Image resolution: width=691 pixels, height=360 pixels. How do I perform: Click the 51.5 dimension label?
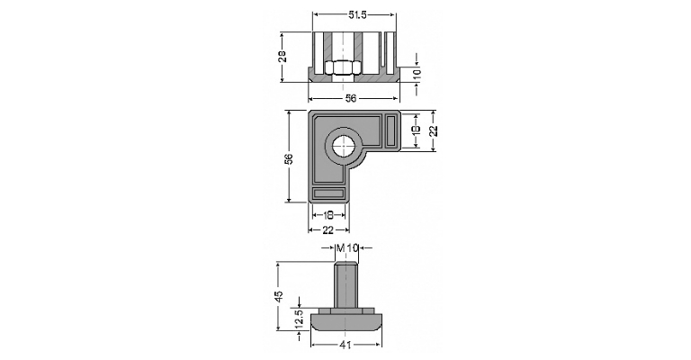pyautogui.click(x=357, y=14)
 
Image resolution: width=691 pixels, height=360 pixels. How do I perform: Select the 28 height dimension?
pyautogui.click(x=283, y=57)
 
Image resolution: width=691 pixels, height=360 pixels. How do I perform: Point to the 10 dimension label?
pyautogui.click(x=417, y=73)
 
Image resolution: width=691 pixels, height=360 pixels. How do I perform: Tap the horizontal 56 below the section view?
pyautogui.click(x=351, y=98)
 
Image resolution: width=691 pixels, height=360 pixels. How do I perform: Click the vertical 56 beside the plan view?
pyautogui.click(x=289, y=158)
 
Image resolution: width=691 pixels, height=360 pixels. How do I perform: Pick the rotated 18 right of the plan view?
pyautogui.click(x=417, y=130)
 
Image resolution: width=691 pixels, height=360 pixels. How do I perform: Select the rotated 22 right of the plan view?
pyautogui.click(x=433, y=130)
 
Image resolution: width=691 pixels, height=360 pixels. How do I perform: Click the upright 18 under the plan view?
pyautogui.click(x=328, y=215)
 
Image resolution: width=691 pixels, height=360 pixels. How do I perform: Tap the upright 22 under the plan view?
pyautogui.click(x=328, y=230)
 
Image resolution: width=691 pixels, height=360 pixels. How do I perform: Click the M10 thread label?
pyautogui.click(x=345, y=248)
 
